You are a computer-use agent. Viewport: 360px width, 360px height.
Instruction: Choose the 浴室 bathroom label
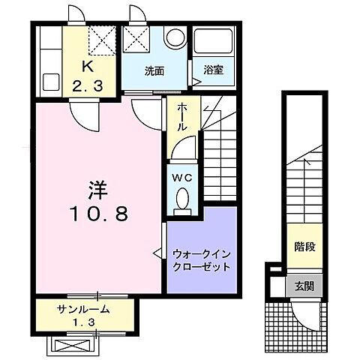click(214, 72)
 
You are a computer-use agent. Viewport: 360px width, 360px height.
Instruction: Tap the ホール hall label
click(181, 118)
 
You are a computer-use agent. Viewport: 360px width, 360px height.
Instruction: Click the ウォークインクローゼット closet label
click(200, 260)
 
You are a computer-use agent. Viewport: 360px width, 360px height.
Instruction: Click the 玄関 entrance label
click(304, 286)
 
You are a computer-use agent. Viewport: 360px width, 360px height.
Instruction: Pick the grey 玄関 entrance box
click(304, 286)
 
